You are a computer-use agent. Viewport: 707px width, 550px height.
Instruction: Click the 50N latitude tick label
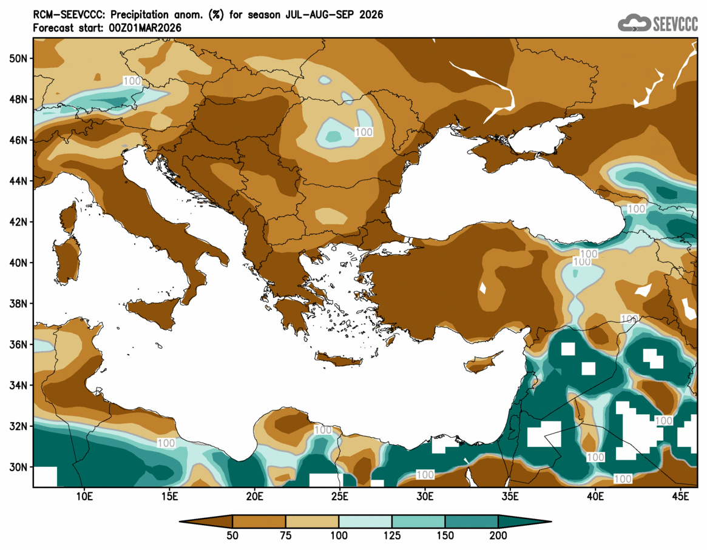19,58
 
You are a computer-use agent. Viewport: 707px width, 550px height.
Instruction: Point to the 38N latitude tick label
19,304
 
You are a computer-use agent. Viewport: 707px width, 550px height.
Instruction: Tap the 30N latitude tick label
19,468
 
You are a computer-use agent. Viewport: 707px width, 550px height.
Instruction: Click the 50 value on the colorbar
232,536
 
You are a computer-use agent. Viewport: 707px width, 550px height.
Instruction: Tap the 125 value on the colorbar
391,536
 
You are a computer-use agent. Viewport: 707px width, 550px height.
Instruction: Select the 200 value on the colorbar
498,536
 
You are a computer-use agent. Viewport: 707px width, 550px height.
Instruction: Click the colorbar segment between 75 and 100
312,521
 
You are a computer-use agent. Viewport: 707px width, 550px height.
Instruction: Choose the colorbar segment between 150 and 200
471,521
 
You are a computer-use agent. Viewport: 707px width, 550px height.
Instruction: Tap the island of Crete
339,361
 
